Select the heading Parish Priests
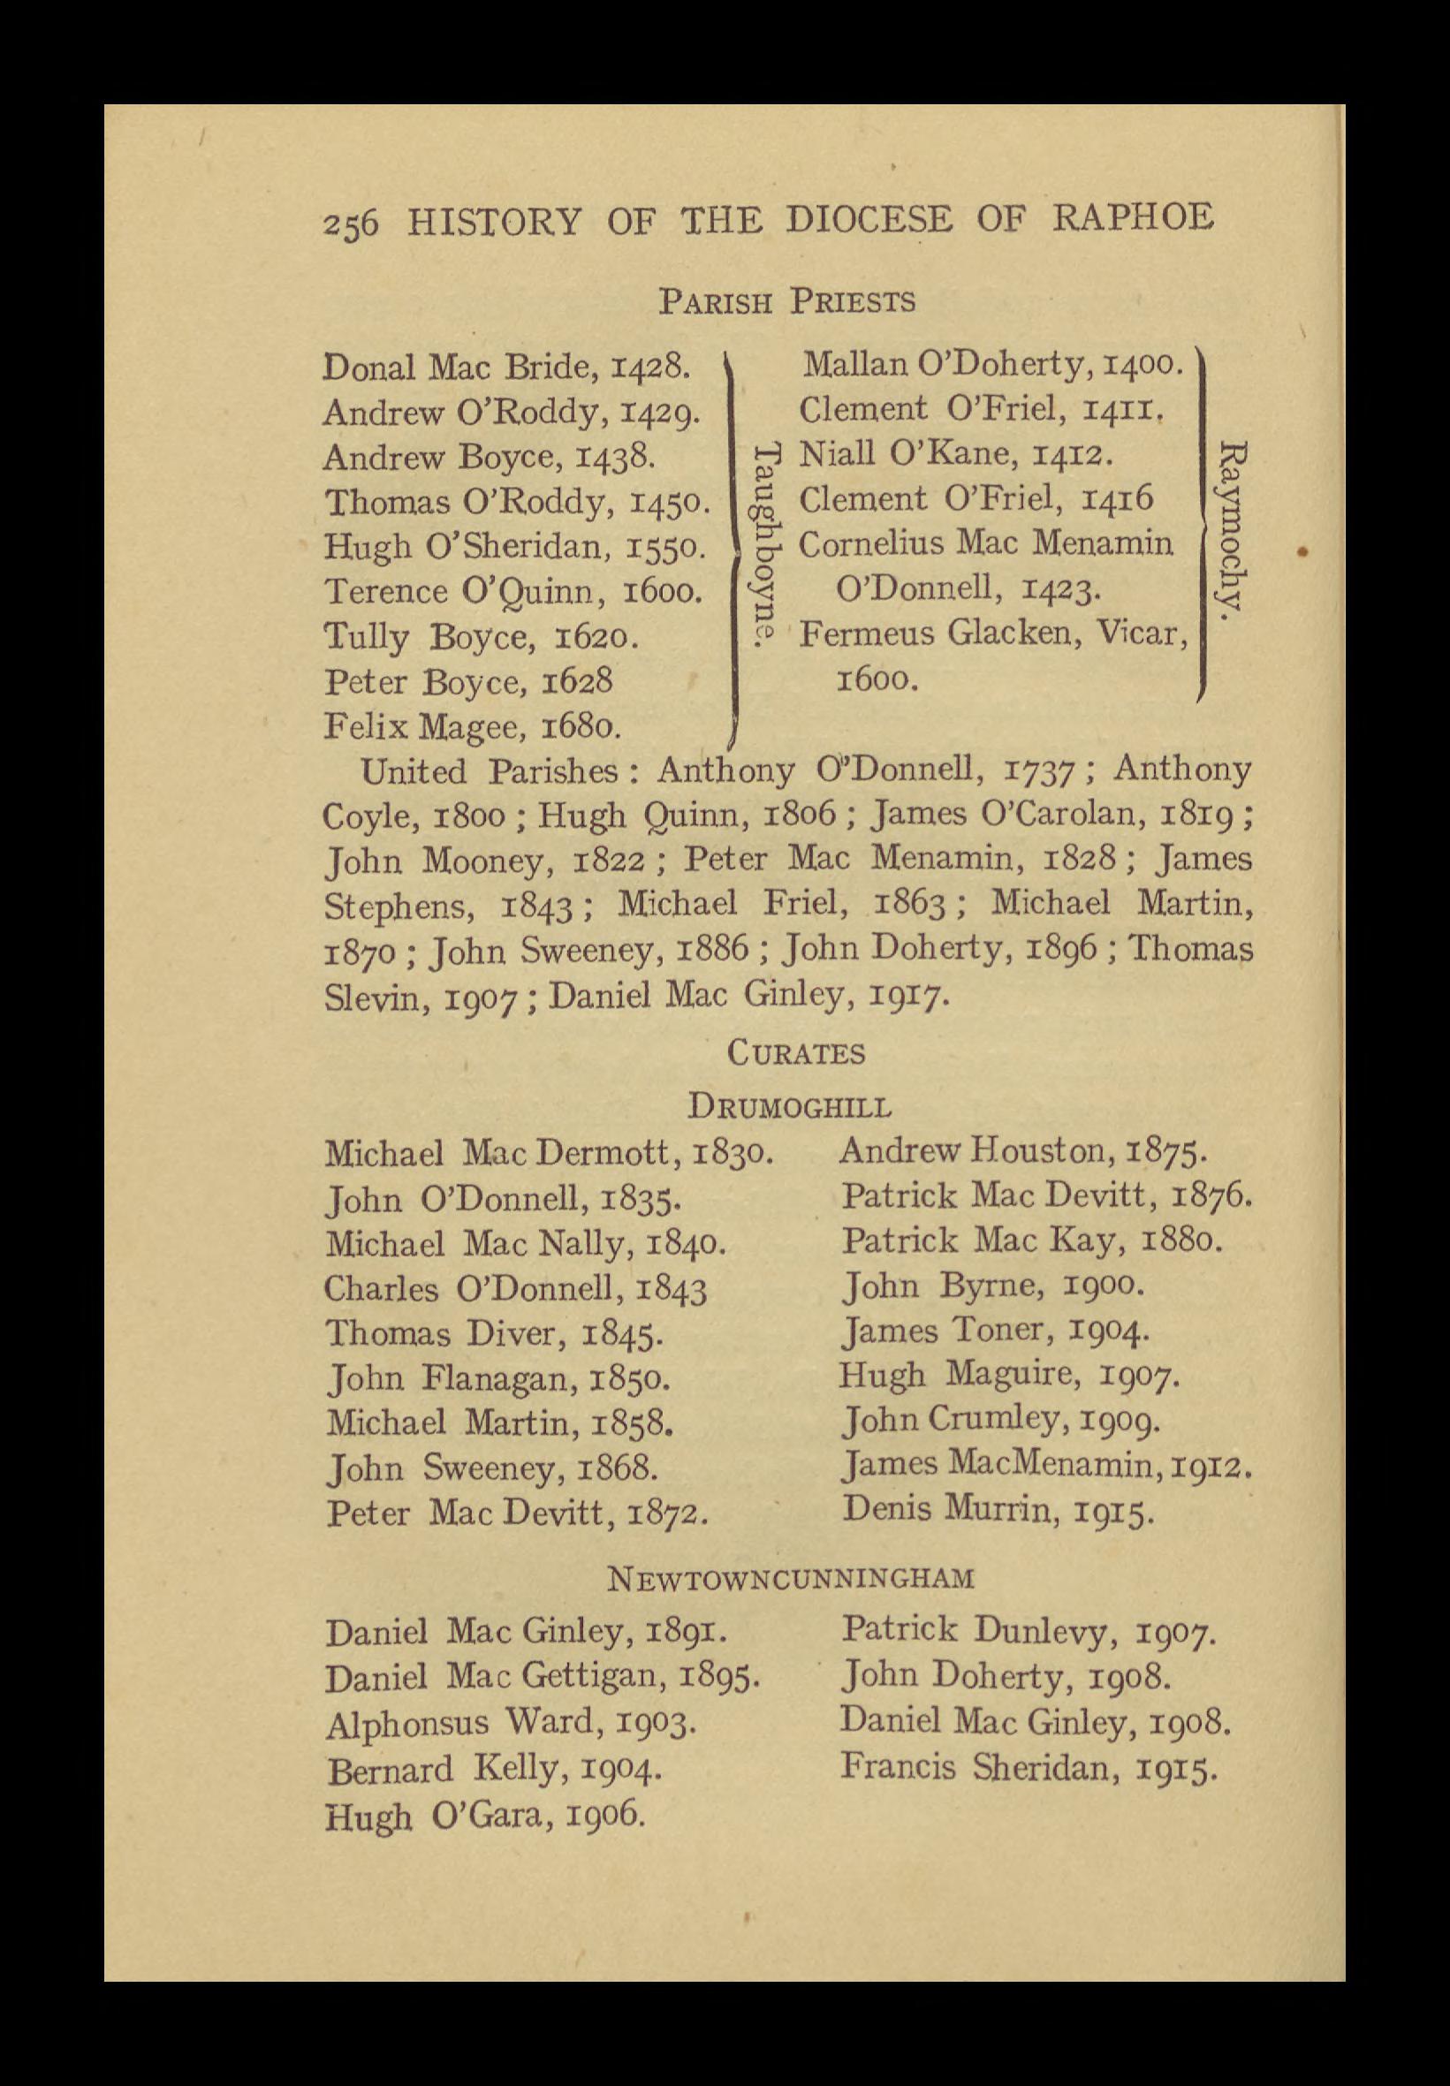point(786,301)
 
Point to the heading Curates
point(796,1054)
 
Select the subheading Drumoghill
point(790,1108)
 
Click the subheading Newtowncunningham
point(791,1579)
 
